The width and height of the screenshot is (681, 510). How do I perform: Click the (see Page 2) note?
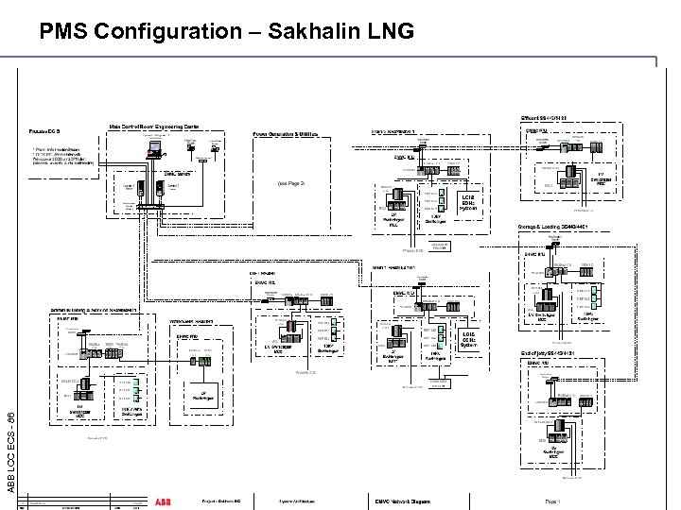290,182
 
